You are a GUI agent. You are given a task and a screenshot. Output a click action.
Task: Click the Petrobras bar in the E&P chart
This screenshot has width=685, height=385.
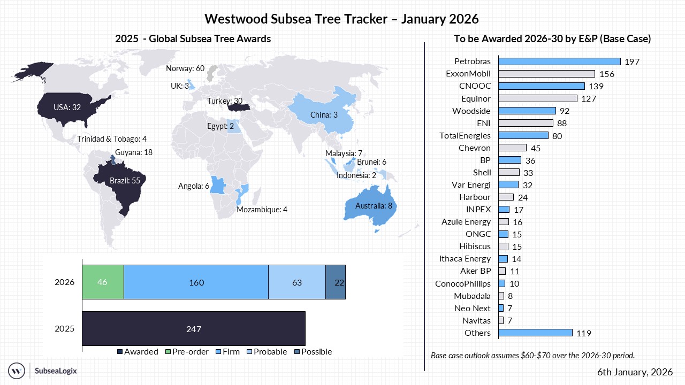(559, 61)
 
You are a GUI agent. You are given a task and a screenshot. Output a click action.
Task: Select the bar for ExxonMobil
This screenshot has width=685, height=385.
(546, 74)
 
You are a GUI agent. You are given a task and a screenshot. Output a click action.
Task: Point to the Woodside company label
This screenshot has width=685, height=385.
(471, 111)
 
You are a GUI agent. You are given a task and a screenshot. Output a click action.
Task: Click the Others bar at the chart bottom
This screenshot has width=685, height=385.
(535, 333)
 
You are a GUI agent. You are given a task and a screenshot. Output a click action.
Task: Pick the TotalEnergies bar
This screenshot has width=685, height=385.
(523, 135)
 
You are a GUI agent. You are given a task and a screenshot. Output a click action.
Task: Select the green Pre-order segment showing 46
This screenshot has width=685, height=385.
(103, 282)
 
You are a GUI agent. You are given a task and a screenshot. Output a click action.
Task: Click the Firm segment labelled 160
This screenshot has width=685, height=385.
(196, 282)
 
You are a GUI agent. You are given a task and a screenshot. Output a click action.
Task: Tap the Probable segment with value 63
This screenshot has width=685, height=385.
(296, 282)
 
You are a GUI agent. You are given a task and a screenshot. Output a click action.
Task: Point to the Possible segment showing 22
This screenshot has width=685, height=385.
(336, 282)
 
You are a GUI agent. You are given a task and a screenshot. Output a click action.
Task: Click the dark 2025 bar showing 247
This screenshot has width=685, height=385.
(193, 328)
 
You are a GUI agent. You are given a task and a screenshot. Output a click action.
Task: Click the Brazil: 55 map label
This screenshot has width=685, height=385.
(125, 181)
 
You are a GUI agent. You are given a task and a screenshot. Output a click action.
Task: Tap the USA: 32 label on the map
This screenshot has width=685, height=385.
(67, 107)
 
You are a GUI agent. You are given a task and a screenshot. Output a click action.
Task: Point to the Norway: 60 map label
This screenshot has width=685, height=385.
(185, 68)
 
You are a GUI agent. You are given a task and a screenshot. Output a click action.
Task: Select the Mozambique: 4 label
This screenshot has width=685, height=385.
(262, 209)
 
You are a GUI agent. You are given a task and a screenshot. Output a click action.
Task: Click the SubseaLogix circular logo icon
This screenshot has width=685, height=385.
(17, 370)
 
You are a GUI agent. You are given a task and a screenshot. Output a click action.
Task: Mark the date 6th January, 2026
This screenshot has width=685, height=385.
(635, 372)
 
